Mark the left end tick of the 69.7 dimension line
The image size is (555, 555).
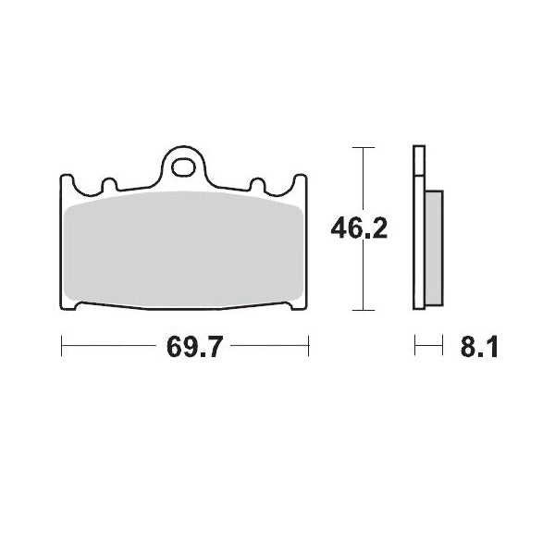61,348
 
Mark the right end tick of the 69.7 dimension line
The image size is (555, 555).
308,348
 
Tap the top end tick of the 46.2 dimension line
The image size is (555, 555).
364,147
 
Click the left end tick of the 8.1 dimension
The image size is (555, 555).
415,348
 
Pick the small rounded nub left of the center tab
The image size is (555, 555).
106,184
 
